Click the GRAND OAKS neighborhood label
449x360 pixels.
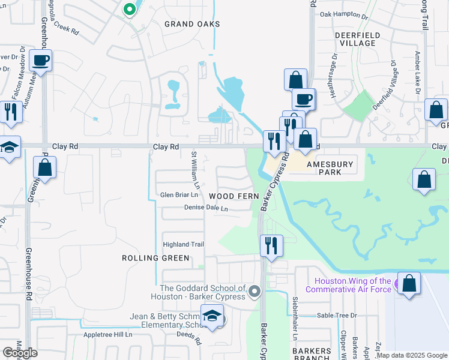tap(192, 24)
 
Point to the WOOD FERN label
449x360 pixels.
tap(234, 196)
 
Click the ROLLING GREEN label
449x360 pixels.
tap(156, 258)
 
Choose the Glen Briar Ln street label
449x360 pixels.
tap(178, 195)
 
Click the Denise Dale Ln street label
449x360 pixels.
tap(206, 208)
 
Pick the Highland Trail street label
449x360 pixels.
tap(184, 244)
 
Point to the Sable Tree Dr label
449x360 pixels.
tap(337, 315)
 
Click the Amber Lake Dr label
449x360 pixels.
tap(417, 72)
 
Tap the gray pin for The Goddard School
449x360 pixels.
tap(255, 292)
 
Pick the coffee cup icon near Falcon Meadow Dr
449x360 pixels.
tap(40, 61)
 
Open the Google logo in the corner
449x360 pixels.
tap(20, 353)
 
